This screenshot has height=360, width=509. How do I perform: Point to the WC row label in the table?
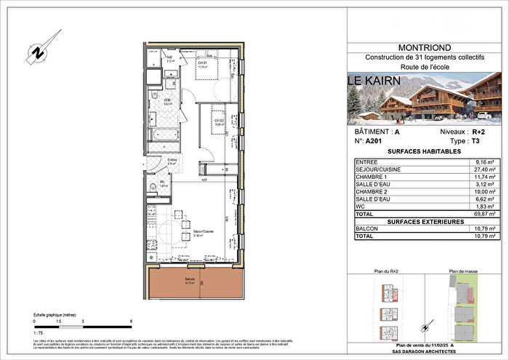(x=372, y=207)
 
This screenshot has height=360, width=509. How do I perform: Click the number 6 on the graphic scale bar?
(x=131, y=321)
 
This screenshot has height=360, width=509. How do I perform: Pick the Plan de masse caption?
(x=462, y=271)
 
